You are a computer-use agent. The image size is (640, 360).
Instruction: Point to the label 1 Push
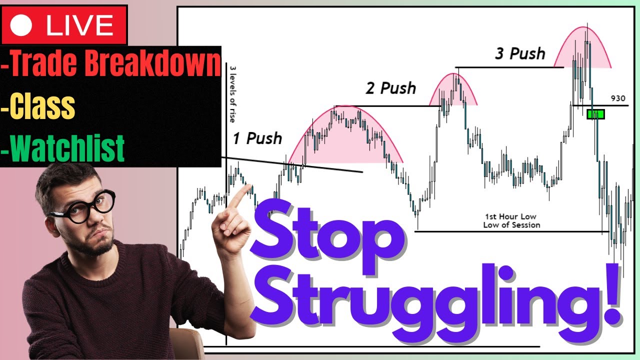[257, 138]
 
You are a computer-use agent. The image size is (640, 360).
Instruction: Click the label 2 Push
[390, 88]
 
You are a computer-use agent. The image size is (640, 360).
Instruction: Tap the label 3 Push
[520, 53]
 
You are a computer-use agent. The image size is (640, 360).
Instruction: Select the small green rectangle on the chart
[595, 114]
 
